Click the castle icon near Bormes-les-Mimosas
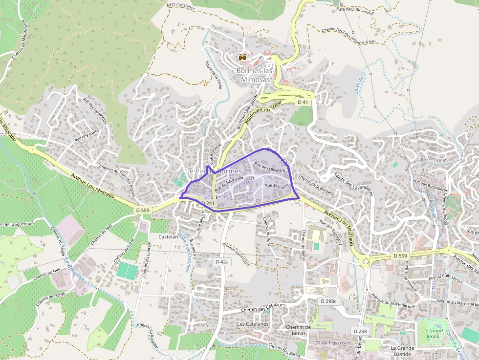coord(242,57)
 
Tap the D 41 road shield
coord(303,102)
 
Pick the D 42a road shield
coord(222,262)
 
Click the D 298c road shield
coord(329,301)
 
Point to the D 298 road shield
coord(360,331)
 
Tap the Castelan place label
coord(168,236)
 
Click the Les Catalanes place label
coord(253,324)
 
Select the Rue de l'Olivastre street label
coord(270,168)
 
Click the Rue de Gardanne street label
coord(229,181)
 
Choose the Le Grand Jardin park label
coord(433,334)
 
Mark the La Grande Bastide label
coord(402,351)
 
